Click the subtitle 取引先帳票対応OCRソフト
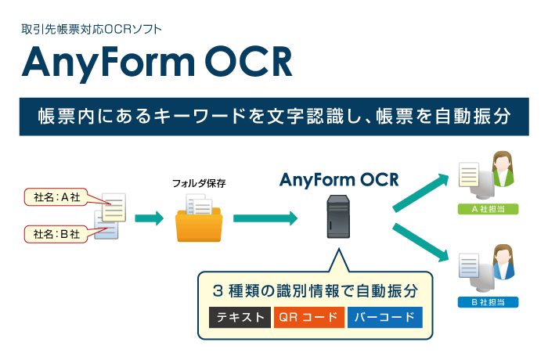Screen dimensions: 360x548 92,31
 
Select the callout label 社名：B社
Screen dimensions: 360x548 58,233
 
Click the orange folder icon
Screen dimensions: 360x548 199,223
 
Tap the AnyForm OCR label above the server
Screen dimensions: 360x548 339,181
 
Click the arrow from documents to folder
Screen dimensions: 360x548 149,218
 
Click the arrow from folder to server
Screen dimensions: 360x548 266,218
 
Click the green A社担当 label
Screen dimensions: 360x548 485,210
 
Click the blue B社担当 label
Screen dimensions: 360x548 485,302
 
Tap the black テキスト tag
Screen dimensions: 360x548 238,318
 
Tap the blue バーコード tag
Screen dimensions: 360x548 384,318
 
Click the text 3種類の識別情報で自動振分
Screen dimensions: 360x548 314,290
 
